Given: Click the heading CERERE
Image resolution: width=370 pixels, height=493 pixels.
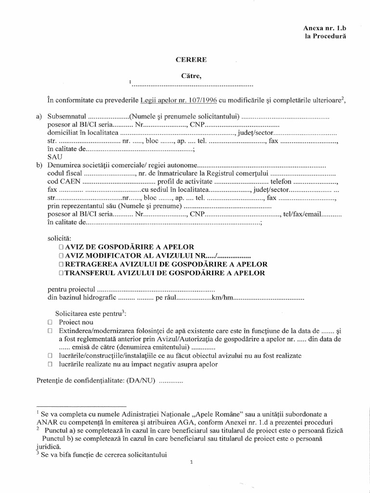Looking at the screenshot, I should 190,60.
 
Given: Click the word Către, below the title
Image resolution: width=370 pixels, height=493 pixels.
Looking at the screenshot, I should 190,76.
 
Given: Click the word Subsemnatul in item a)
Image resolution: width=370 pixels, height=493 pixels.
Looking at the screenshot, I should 67,117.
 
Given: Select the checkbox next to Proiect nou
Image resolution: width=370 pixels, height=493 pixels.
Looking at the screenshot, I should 50,322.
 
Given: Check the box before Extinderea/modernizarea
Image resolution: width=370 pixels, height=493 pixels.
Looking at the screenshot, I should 50,331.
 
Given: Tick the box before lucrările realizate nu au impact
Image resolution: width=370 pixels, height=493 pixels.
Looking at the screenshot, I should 50,364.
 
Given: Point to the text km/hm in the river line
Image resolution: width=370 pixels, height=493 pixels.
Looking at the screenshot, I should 226,298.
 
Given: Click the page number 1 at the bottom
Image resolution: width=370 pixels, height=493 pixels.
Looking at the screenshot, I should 191,462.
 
